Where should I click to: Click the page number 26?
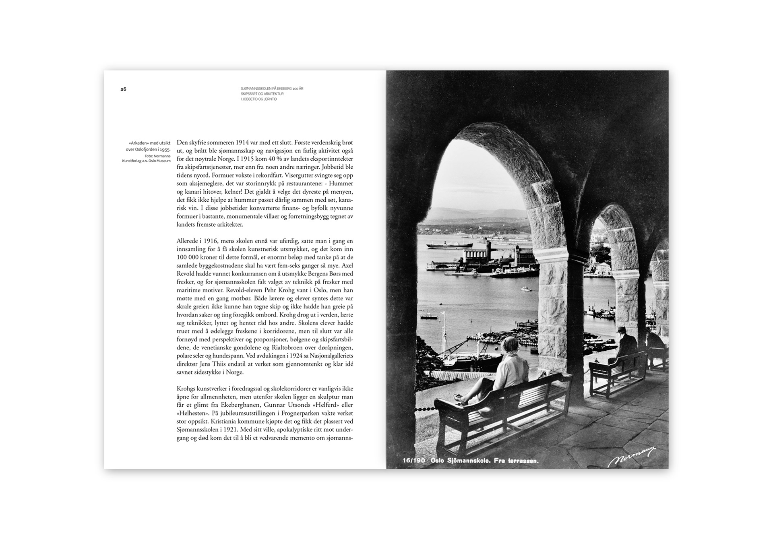[123, 89]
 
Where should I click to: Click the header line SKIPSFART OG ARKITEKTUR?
[262, 94]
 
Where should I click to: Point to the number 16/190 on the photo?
[414, 461]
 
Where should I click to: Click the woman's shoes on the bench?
[459, 399]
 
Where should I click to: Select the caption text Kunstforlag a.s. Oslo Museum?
[147, 161]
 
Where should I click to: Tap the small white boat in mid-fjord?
[525, 289]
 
